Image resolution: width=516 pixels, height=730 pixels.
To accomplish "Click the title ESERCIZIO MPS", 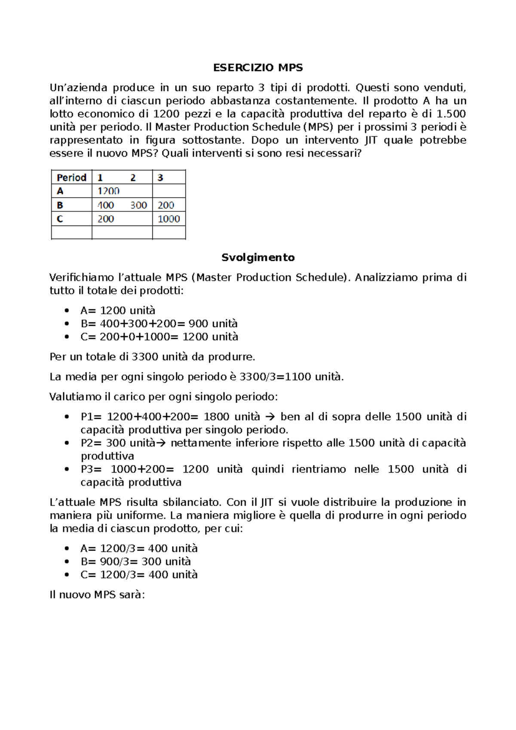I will pos(258,68).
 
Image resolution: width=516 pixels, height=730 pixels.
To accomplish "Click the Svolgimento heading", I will pos(258,257).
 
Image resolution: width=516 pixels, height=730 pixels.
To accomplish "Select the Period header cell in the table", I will pos(71,177).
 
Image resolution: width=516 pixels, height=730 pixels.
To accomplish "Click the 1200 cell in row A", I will pos(108,191).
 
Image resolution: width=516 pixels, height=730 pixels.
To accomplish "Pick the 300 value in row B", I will pos(138,205).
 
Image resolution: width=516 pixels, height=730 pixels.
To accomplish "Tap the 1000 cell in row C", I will pos(169,219).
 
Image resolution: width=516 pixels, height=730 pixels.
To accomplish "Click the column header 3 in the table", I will pos(160,177).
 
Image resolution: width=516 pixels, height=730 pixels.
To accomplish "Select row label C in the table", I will pos(60,219).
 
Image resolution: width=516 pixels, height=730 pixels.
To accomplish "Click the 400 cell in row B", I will pos(106,205).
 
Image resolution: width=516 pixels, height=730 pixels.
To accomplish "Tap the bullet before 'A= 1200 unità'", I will pos(66,311).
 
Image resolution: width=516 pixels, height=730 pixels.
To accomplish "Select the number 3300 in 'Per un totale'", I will pos(144,357).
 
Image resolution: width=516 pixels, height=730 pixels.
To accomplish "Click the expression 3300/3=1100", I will pos(275,377).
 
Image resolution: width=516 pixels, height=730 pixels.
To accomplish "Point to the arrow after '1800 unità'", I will pos(270,417).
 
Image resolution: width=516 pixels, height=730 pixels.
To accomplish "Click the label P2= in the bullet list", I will pos(91,443).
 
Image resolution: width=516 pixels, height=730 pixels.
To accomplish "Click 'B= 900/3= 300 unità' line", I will pos(135,562).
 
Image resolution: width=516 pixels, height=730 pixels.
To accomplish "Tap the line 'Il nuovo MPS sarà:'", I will pos(97,595).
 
